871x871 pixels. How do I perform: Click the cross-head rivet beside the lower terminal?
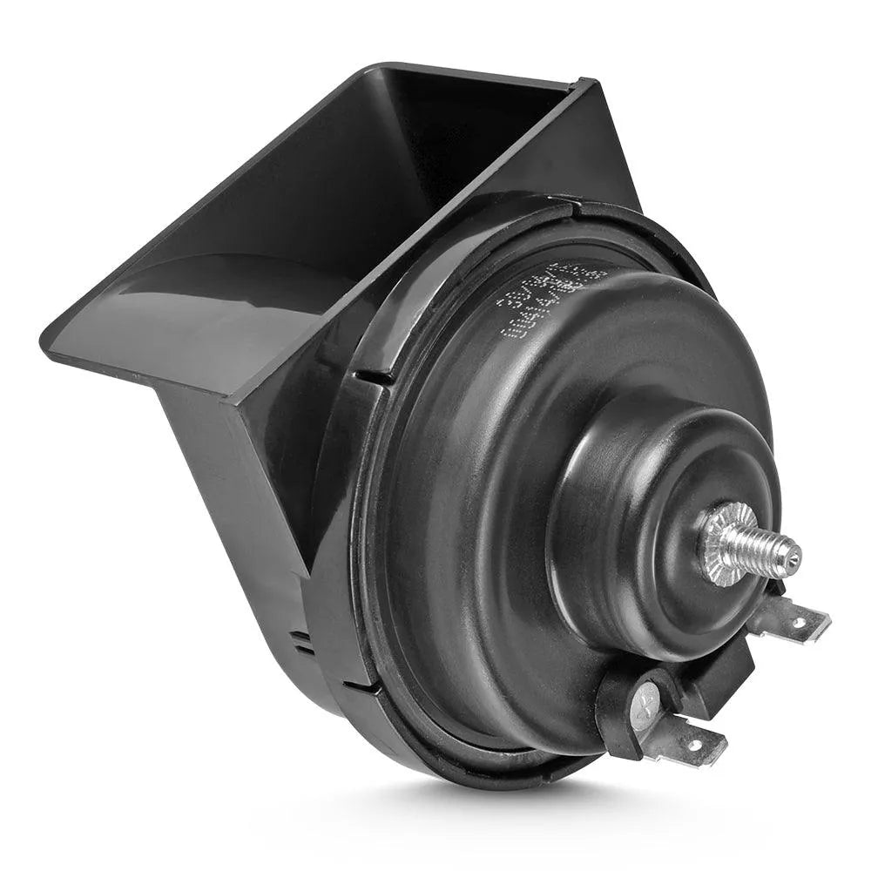(646, 700)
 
